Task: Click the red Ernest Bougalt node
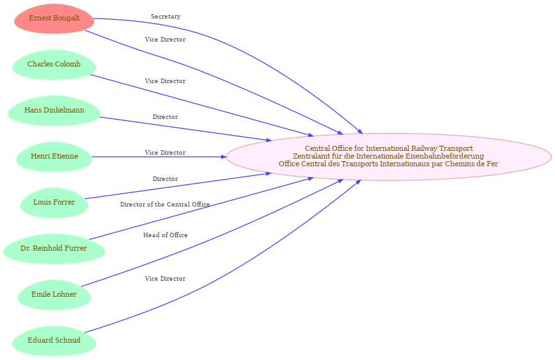click(x=54, y=19)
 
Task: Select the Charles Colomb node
click(x=54, y=65)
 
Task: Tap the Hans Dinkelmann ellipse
click(x=54, y=111)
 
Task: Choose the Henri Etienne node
click(x=54, y=157)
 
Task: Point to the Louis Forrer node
click(x=54, y=203)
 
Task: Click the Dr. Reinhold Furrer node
click(x=54, y=249)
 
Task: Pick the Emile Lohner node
click(x=54, y=295)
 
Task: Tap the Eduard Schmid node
click(x=54, y=341)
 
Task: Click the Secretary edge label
click(x=166, y=17)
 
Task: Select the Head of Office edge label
click(x=166, y=235)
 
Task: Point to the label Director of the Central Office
click(x=165, y=205)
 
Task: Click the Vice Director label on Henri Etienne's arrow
click(x=166, y=153)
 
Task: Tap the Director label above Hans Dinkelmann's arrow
click(x=166, y=117)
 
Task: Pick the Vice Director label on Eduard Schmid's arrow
click(x=166, y=279)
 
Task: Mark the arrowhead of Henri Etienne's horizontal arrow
click(x=224, y=157)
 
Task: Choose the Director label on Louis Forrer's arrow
click(x=166, y=179)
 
